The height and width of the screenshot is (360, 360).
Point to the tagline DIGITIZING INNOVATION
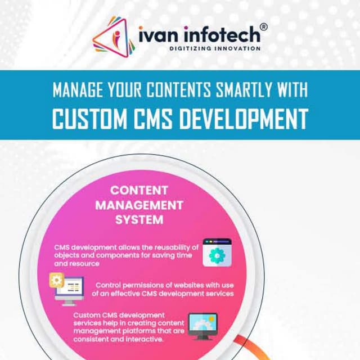[215, 49]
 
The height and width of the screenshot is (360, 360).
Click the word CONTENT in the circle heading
[139, 190]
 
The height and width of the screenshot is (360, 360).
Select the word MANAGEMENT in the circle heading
[139, 205]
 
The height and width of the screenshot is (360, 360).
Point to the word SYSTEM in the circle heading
[139, 219]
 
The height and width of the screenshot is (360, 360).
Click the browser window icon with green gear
[217, 252]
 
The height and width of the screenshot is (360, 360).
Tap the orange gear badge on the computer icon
[56, 279]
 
